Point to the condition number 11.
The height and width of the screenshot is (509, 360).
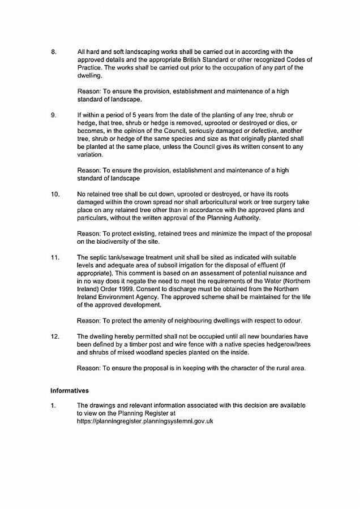click(x=55, y=257)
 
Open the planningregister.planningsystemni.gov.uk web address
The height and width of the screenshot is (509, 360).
click(x=145, y=421)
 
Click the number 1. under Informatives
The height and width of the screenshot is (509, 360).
click(x=53, y=406)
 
